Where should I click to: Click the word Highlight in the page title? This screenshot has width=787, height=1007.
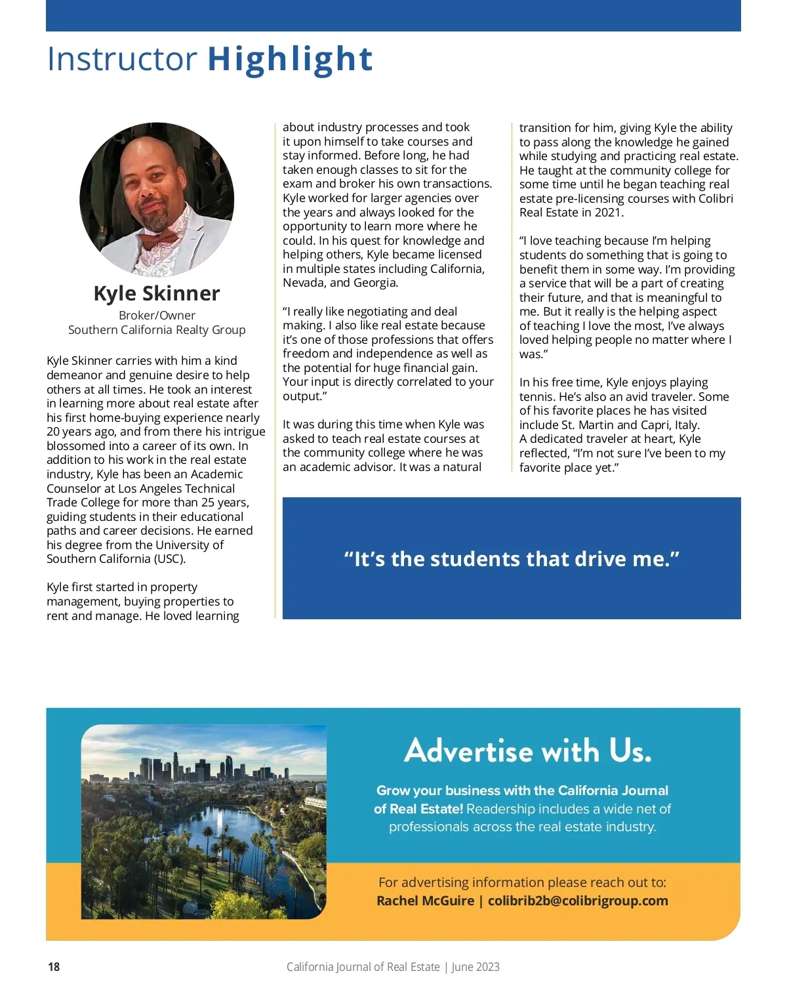290,59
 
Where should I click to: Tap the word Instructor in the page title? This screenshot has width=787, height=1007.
122,59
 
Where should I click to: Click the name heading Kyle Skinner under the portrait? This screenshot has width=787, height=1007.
157,293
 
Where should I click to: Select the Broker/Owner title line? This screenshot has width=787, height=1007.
157,316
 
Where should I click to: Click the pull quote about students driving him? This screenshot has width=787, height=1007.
512,559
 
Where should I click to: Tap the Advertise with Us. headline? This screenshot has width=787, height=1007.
528,750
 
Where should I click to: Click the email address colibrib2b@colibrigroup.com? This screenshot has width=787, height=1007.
578,901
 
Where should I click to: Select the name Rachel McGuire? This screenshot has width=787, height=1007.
425,901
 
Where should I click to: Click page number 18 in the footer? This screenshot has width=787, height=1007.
54,967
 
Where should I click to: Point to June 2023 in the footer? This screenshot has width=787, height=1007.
475,967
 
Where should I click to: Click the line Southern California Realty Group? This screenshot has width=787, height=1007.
157,330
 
